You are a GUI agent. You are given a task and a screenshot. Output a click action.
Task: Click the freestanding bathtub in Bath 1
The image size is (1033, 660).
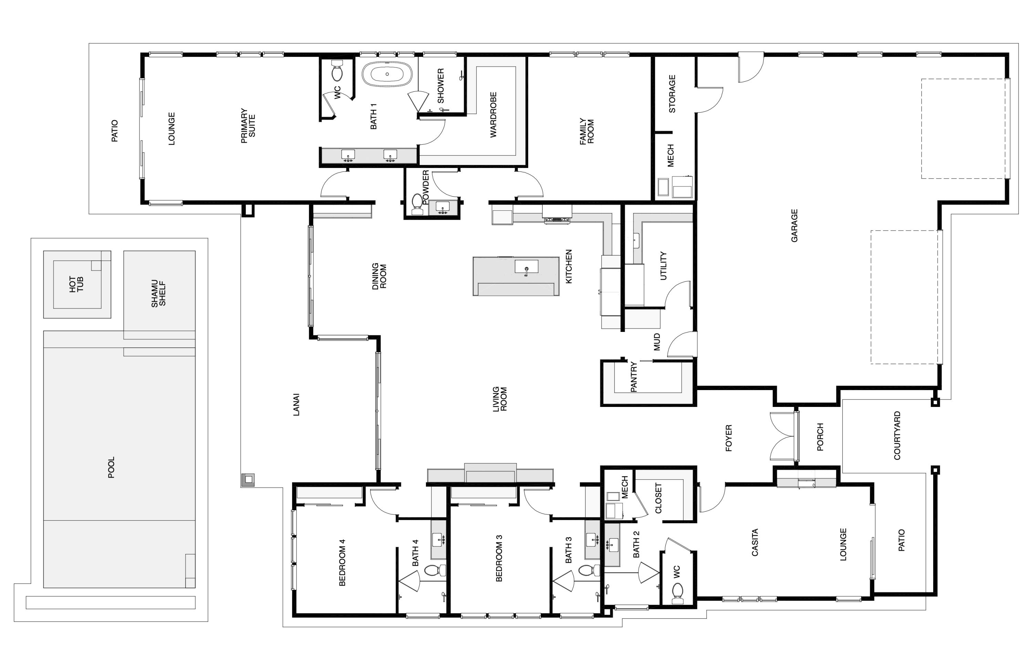coord(387,74)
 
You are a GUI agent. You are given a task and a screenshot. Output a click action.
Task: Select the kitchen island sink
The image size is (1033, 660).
coord(526,268)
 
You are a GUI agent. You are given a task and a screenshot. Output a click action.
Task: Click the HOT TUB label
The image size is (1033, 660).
coord(77,284)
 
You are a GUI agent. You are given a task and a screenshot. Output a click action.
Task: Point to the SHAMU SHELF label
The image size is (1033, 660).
coord(158,294)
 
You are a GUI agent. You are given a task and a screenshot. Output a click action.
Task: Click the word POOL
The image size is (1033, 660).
coord(111,468)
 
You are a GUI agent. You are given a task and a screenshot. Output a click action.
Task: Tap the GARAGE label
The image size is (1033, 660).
coord(794,226)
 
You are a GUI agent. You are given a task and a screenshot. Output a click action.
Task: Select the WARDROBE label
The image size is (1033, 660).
coord(493,115)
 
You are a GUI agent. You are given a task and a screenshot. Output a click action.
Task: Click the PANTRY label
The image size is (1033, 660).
coord(634,377)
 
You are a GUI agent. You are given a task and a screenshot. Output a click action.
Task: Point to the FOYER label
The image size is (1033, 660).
coord(728,438)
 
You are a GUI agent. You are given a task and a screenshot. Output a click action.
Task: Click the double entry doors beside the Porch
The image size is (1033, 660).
coord(783,436)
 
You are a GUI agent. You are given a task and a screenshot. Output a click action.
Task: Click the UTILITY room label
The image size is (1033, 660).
coord(663,266)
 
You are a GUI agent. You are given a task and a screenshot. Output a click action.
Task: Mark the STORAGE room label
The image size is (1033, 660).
coord(672,94)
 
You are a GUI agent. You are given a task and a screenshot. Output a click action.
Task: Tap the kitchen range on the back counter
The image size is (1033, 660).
coord(557,220)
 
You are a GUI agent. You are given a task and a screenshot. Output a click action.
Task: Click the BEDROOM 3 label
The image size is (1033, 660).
coord(499,558)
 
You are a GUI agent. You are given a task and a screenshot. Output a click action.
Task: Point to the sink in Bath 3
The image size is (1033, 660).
coord(592,539)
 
